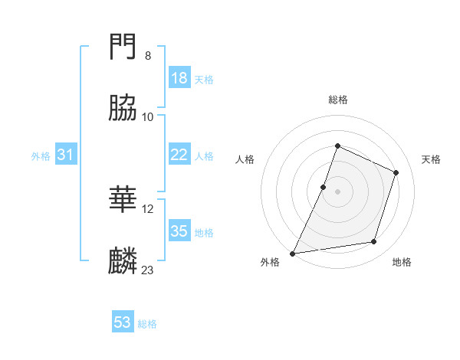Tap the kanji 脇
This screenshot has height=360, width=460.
point(123,109)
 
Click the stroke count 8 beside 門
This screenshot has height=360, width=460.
point(147,56)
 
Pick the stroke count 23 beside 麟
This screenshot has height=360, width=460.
point(147,270)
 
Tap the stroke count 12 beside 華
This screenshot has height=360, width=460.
point(147,208)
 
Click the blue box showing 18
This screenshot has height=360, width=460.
point(179,78)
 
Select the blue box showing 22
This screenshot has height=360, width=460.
point(179,155)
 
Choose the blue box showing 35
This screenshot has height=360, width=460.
point(179,231)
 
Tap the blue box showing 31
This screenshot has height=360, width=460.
point(66,155)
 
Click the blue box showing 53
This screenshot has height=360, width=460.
point(123,322)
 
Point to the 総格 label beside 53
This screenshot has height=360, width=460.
point(147,324)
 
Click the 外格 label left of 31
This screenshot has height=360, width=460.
point(41,156)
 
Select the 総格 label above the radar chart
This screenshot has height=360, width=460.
point(337,100)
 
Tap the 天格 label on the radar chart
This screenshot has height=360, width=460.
point(431,159)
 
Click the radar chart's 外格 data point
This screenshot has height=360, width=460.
point(293,253)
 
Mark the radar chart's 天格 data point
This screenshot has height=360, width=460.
point(396,172)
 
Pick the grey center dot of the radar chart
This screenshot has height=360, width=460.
point(337,191)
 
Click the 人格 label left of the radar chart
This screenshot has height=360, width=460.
point(245,159)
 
